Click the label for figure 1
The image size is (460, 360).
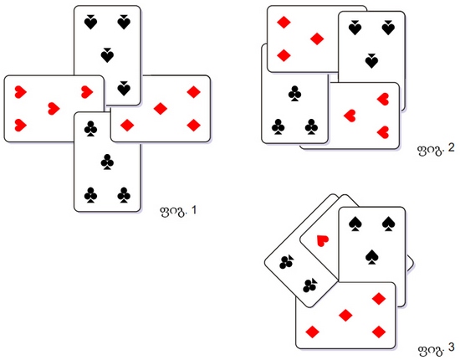click(x=178, y=211)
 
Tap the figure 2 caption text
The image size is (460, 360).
click(x=436, y=148)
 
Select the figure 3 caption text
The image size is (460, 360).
click(x=437, y=348)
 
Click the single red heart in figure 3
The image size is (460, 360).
click(x=323, y=240)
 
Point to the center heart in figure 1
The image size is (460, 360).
click(x=54, y=109)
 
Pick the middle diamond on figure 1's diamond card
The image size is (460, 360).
click(x=161, y=109)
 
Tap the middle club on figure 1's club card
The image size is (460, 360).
click(x=107, y=162)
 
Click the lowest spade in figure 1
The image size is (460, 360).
click(x=124, y=89)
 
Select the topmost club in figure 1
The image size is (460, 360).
click(x=90, y=129)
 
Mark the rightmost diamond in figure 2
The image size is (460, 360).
click(x=317, y=39)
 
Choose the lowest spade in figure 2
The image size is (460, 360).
click(x=371, y=61)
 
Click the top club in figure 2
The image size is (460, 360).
click(x=294, y=94)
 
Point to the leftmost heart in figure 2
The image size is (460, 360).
click(x=350, y=116)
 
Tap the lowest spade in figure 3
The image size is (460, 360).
click(x=371, y=257)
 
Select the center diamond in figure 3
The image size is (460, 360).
click(x=345, y=316)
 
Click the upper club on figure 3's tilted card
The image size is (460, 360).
click(x=287, y=262)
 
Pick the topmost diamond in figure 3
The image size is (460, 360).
click(x=379, y=299)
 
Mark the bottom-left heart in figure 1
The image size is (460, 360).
click(x=21, y=125)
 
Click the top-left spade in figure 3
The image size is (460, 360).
click(x=355, y=224)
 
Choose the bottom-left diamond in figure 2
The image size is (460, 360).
click(x=284, y=55)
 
